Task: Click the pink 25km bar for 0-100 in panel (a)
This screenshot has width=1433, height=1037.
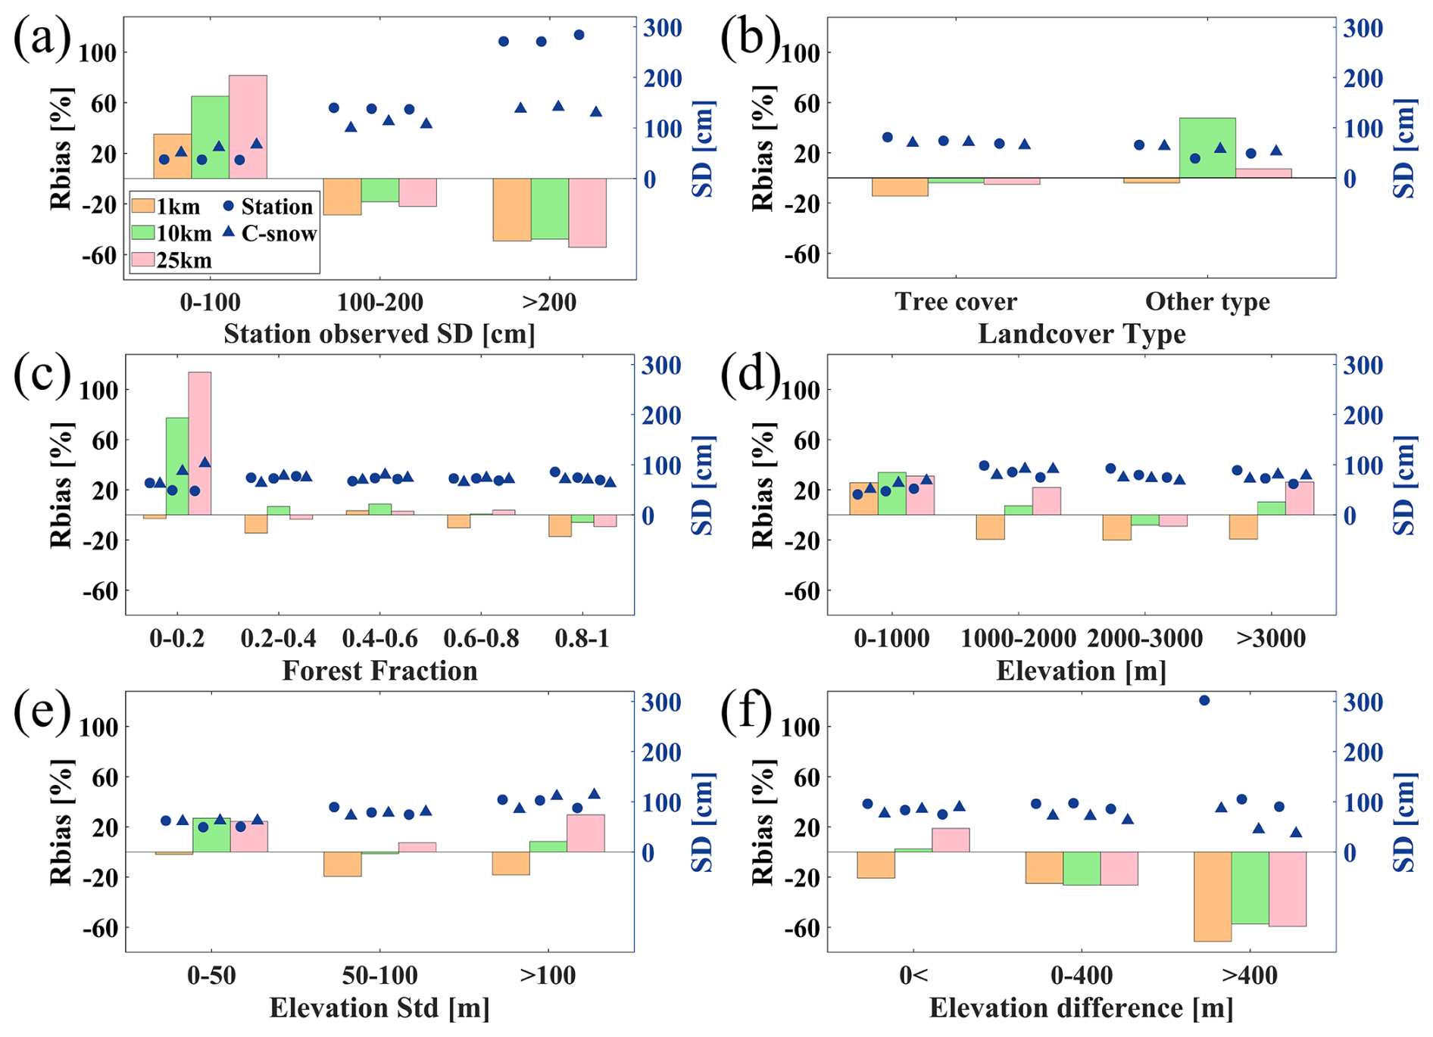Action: point(248,126)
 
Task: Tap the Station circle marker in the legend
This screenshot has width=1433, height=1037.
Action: point(229,206)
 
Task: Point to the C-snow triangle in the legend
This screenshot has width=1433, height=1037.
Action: point(229,232)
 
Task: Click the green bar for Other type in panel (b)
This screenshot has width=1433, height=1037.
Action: point(1207,148)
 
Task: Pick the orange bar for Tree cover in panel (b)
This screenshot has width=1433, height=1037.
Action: point(900,187)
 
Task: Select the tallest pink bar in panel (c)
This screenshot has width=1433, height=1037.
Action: point(200,444)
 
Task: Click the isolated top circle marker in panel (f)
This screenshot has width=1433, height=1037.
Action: point(1204,700)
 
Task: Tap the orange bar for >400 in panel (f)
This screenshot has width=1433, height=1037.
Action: point(1213,896)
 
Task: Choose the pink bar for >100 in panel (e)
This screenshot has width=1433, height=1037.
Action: point(585,833)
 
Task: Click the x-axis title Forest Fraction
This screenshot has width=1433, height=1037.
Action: point(379,671)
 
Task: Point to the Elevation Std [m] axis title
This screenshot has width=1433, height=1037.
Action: point(379,1008)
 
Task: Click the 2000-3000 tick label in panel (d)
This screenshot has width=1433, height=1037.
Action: point(1144,638)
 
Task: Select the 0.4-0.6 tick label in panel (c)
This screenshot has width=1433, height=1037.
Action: point(379,638)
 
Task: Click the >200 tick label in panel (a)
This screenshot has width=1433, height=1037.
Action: point(549,302)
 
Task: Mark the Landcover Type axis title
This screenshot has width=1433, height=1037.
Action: point(1082,334)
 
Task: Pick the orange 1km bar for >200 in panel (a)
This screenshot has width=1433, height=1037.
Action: point(512,210)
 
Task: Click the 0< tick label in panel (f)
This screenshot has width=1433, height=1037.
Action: point(913,975)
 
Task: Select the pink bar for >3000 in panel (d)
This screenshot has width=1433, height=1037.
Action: point(1299,498)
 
